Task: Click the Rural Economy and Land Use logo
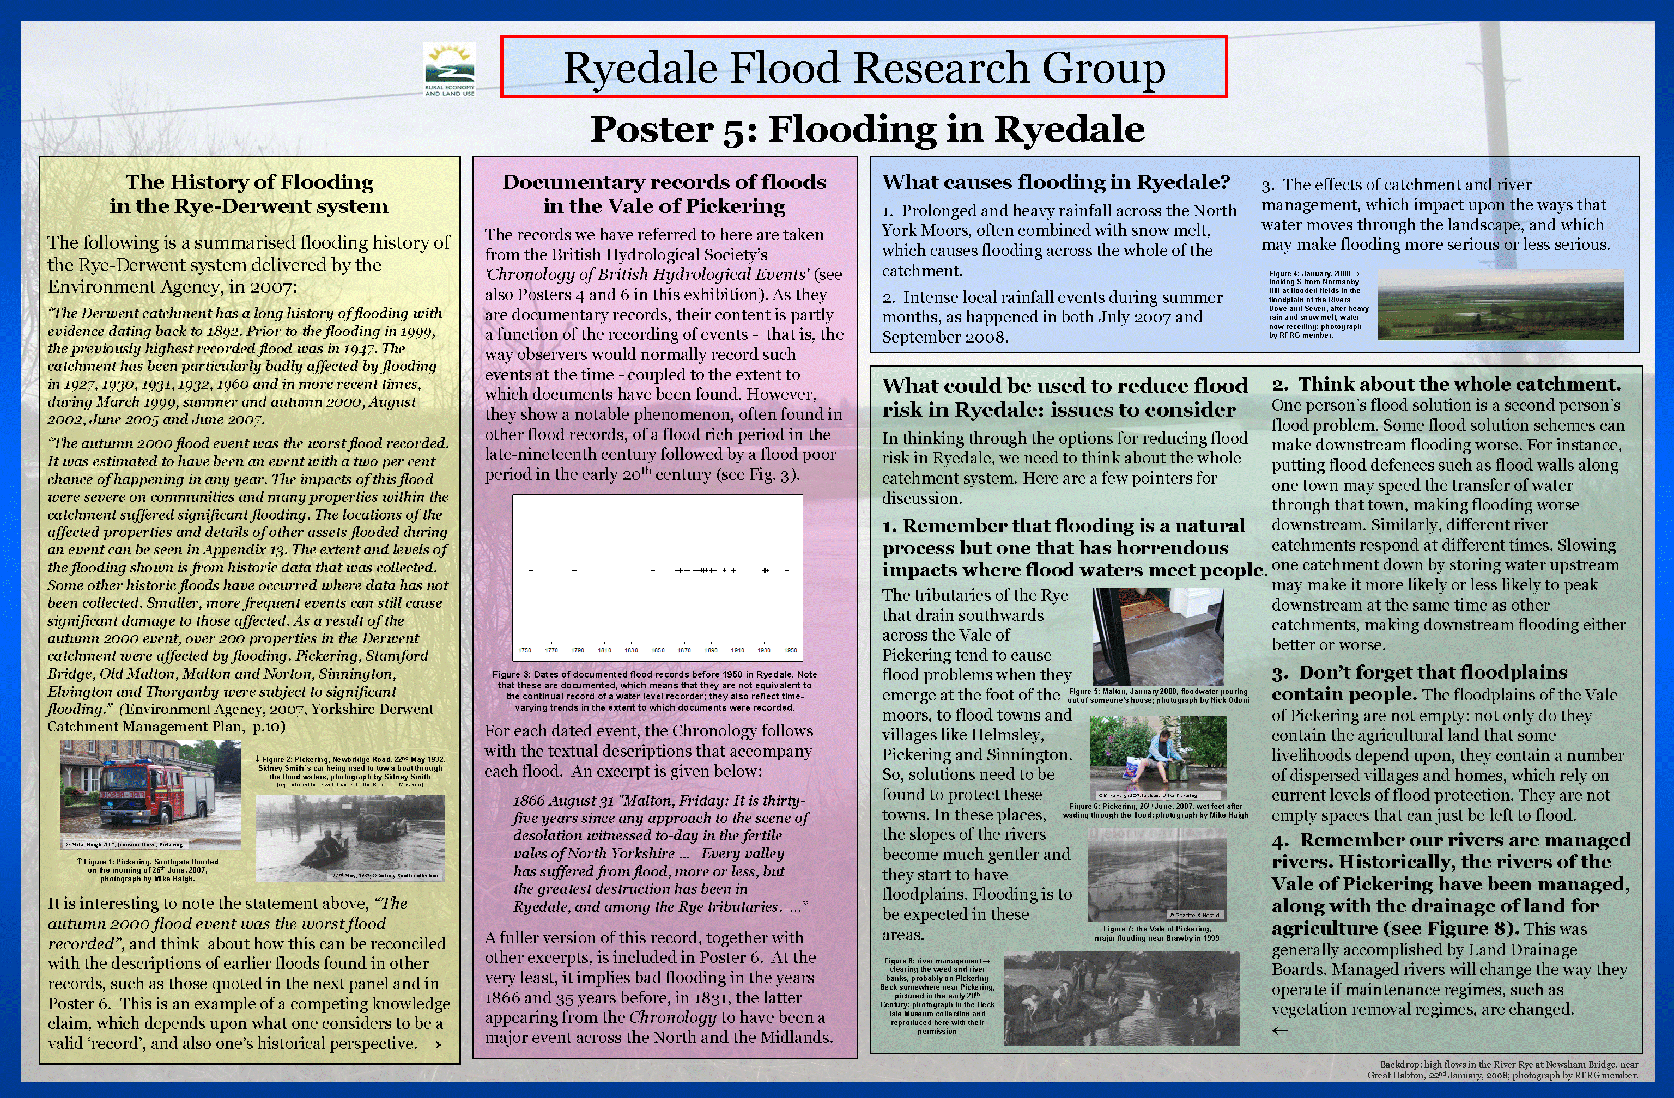point(450,69)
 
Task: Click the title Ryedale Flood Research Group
point(864,68)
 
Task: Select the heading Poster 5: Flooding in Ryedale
point(868,129)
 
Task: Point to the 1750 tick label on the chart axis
point(525,650)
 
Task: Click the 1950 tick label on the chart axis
point(791,650)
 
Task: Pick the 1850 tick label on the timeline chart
point(658,650)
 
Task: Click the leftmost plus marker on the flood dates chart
point(531,570)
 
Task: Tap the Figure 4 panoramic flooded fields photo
point(1500,304)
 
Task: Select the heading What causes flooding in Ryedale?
point(1056,182)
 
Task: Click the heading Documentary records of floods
point(664,182)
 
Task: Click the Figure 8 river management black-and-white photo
point(1121,998)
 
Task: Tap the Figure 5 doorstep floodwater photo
point(1158,637)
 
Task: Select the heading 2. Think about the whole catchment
point(1446,384)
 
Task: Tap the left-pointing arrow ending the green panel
point(1280,1030)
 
